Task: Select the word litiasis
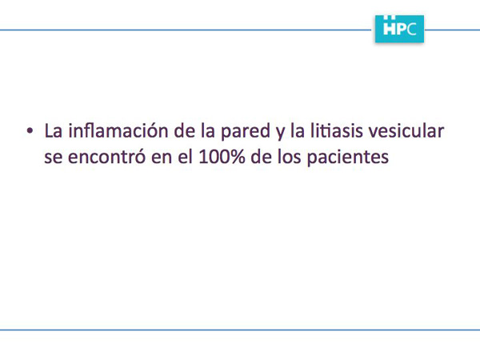click(336, 130)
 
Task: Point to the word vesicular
click(406, 130)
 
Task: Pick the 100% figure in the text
click(222, 157)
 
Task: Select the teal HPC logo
click(399, 29)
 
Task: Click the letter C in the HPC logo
click(411, 30)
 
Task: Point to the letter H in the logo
click(390, 29)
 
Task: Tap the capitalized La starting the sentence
click(54, 130)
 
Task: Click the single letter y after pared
click(280, 134)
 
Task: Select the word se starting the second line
click(54, 158)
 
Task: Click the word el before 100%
click(185, 157)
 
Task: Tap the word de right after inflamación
click(185, 130)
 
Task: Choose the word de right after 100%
click(261, 157)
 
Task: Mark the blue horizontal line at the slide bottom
click(240, 330)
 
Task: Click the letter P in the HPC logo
click(402, 30)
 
